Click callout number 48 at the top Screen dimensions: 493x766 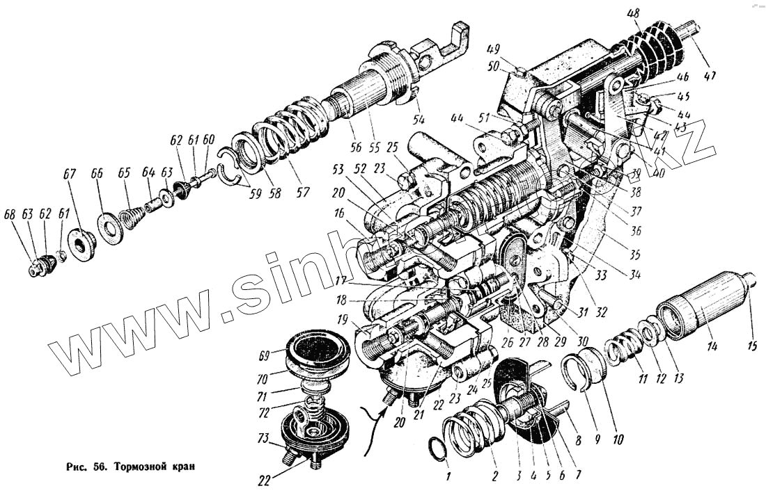(633, 13)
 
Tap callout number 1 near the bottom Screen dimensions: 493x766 (449, 477)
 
